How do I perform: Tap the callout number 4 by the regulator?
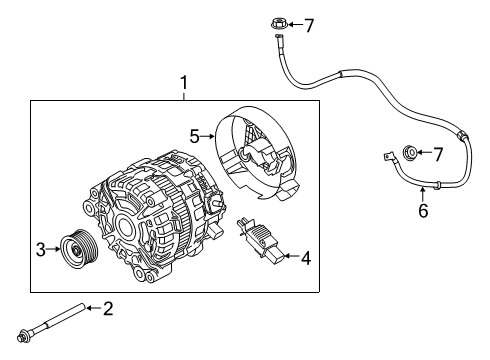coord(305,258)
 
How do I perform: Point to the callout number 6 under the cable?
coord(423,210)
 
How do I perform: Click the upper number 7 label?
coord(309,25)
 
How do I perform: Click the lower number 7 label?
coord(436,153)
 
